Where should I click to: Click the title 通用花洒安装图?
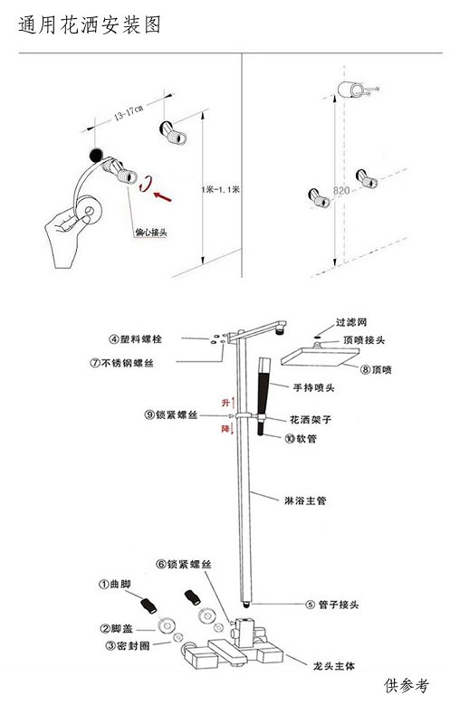click(90, 25)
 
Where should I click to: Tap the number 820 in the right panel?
click(341, 191)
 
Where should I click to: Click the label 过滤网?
click(351, 321)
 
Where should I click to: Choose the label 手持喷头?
click(313, 388)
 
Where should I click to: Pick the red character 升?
click(226, 401)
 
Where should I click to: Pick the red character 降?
click(226, 431)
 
